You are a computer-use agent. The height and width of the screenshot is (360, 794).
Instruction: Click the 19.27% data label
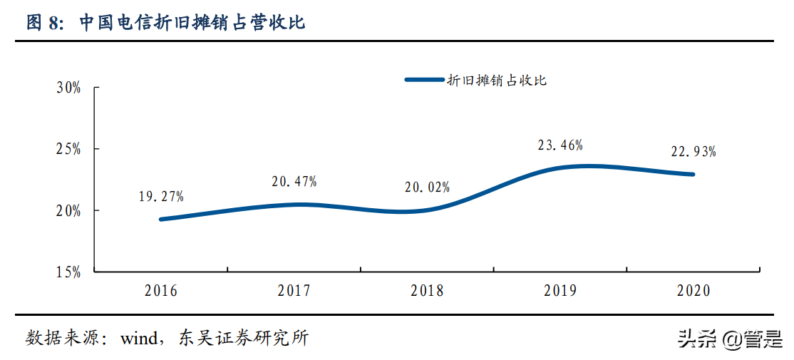pyautogui.click(x=161, y=196)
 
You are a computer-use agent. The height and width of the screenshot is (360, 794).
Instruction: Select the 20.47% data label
pyautogui.click(x=294, y=182)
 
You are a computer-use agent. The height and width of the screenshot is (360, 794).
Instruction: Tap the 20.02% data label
pyautogui.click(x=427, y=187)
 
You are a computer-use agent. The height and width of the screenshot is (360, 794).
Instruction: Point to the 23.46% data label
pyautogui.click(x=560, y=145)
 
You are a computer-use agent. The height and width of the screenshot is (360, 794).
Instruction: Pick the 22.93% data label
pyautogui.click(x=694, y=152)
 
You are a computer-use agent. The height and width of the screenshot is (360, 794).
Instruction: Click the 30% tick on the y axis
pyautogui.click(x=68, y=88)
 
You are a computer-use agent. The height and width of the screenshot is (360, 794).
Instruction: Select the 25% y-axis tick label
pyautogui.click(x=68, y=149)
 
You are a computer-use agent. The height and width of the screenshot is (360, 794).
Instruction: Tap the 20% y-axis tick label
pyautogui.click(x=68, y=210)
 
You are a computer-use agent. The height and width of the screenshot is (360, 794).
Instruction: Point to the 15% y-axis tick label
pyautogui.click(x=68, y=272)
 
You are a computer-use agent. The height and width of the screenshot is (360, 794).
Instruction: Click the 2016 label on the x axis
pyautogui.click(x=160, y=291)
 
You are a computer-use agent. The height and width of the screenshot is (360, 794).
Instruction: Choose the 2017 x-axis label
pyautogui.click(x=294, y=291)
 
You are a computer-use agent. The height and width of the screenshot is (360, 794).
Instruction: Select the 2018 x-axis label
pyautogui.click(x=427, y=291)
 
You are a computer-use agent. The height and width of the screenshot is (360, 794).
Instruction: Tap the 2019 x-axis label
pyautogui.click(x=560, y=291)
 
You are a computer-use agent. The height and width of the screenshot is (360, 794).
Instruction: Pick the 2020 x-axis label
pyautogui.click(x=694, y=291)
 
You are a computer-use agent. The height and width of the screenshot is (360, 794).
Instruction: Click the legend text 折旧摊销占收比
pyautogui.click(x=497, y=81)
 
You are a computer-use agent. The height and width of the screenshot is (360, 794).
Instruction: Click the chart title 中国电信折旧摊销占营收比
pyautogui.click(x=192, y=23)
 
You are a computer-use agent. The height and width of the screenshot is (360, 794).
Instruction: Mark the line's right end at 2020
pyautogui.click(x=692, y=174)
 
